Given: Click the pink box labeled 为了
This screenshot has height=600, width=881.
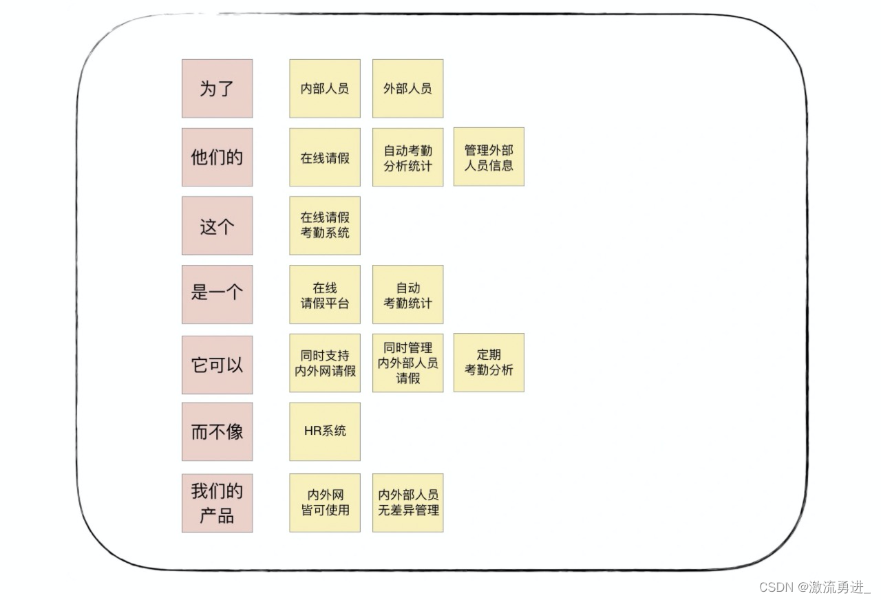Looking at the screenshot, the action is tap(217, 89).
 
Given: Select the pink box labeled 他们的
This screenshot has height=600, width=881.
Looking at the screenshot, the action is tap(217, 157).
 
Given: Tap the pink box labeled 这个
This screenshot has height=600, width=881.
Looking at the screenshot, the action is tap(217, 226).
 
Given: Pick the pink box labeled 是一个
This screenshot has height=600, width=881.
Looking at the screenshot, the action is tap(217, 294).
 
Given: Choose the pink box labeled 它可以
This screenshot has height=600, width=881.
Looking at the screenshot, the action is tap(217, 365).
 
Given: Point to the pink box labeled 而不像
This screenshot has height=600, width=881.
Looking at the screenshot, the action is tap(217, 431).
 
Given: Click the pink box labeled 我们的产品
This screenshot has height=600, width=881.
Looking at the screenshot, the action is tap(217, 503).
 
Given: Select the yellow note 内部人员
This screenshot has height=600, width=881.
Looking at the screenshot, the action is tap(325, 89).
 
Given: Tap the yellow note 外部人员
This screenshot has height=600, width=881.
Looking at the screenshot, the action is tap(407, 89).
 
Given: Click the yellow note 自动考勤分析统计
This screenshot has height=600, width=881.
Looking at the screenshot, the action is tap(407, 158).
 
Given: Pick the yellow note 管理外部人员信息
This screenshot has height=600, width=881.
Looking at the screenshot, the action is tap(489, 157).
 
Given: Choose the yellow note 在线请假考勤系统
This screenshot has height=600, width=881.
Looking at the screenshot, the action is tap(325, 226).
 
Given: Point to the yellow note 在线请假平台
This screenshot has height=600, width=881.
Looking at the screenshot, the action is tap(325, 294).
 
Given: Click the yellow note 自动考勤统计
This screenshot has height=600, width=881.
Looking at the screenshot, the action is tap(407, 294).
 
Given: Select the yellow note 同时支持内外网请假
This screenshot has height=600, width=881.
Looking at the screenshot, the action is tap(325, 363).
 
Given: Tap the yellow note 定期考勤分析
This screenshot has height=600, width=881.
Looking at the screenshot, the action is tap(489, 363).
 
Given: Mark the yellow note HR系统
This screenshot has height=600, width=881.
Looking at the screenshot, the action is tap(325, 431).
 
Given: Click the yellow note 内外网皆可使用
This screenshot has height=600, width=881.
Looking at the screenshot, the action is tap(325, 502).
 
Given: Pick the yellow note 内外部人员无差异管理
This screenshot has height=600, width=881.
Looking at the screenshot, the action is tap(407, 502).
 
